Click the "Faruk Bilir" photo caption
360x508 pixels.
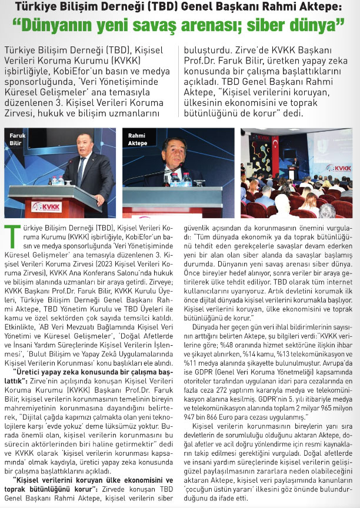(17, 139)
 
